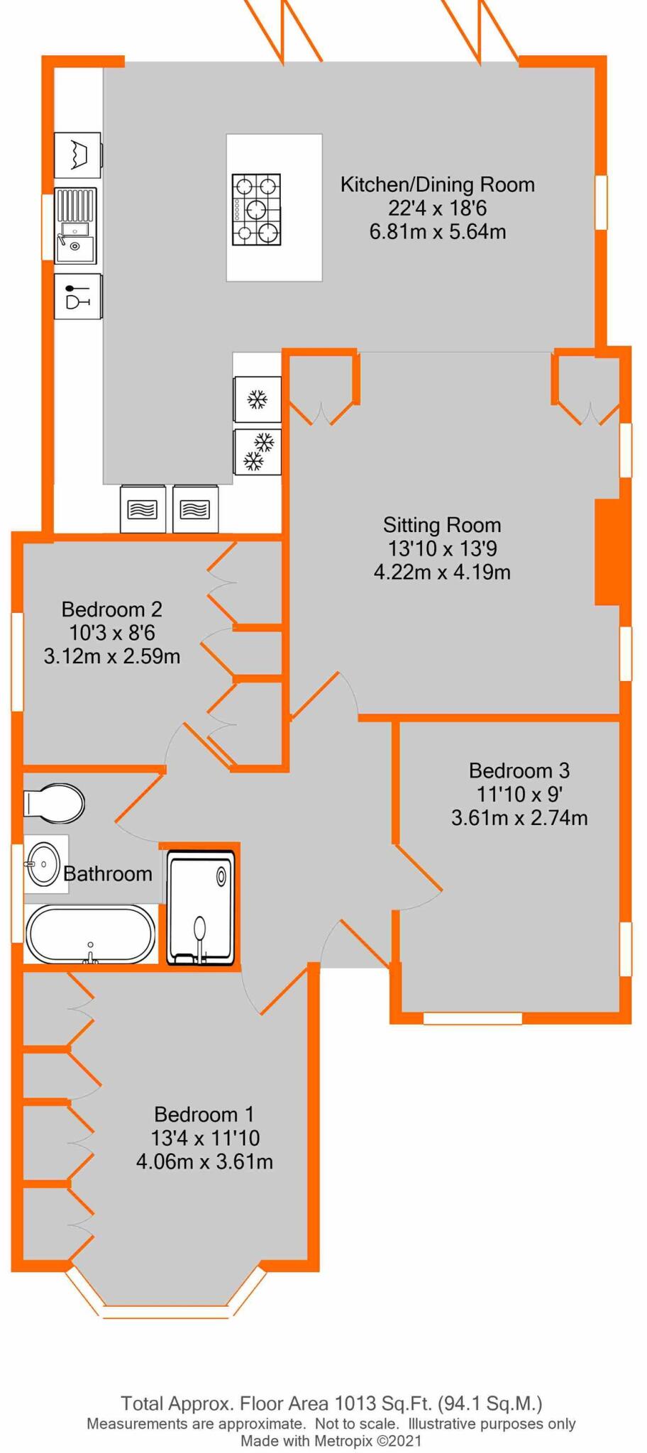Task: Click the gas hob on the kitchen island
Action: (x=256, y=209)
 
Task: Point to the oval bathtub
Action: (x=91, y=934)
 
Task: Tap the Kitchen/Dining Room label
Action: (x=437, y=184)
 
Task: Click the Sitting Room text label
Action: (x=442, y=525)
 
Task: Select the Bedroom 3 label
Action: (x=519, y=770)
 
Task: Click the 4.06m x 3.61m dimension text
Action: (x=204, y=1161)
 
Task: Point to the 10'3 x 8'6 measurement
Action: (x=112, y=632)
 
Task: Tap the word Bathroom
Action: (x=108, y=873)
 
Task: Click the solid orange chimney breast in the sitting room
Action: (x=607, y=552)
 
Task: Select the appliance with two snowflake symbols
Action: (x=258, y=452)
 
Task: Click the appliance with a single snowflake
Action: (x=258, y=399)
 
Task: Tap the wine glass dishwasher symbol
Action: (x=77, y=297)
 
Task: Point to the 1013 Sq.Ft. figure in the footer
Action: (x=383, y=1403)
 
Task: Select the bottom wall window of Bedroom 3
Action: (x=472, y=1018)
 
